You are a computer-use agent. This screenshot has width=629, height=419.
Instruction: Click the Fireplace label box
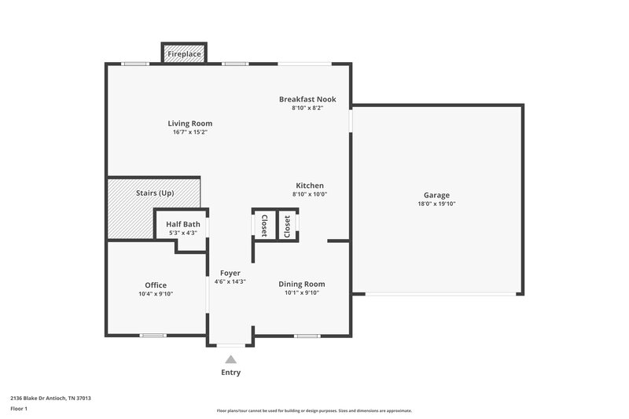[184, 54]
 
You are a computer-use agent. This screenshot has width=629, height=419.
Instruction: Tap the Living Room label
[189, 123]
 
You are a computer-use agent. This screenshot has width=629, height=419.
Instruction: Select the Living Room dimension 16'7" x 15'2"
[189, 132]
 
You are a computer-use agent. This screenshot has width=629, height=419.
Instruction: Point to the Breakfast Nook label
[307, 99]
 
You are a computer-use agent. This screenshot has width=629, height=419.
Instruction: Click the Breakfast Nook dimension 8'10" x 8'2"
[307, 108]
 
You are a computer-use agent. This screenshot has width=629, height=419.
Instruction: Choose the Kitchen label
[310, 186]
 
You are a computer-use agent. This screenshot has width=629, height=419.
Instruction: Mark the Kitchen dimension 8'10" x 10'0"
[310, 194]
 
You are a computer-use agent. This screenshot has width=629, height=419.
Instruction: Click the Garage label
[436, 195]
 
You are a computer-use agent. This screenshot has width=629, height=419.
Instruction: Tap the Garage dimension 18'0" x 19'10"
[436, 204]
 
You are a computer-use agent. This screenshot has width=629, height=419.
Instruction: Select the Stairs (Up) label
[155, 193]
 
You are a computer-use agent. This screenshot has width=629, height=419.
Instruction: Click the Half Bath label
[182, 224]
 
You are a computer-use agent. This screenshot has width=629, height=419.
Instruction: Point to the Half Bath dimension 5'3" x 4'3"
[182, 233]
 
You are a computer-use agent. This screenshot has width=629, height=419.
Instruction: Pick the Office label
[156, 285]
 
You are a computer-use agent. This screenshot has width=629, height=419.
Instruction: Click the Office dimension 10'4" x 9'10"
[156, 294]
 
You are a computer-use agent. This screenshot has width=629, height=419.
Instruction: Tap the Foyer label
[230, 273]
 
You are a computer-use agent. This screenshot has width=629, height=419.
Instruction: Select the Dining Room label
[302, 284]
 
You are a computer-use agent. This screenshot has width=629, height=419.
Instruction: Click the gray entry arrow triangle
[230, 358]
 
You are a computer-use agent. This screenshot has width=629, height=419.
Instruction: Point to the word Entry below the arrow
[230, 373]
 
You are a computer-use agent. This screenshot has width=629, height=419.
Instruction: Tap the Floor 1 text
[19, 409]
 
